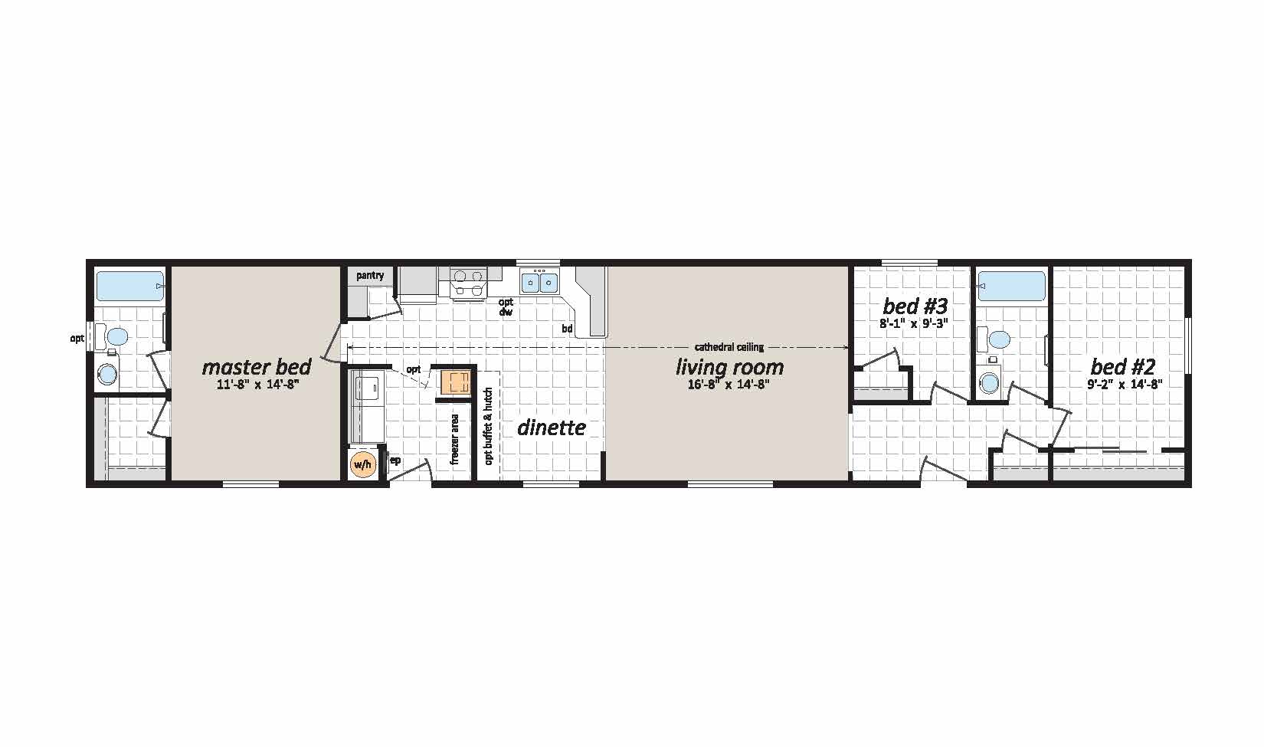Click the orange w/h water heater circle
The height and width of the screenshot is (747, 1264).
363,464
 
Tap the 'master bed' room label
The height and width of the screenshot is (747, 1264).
256,367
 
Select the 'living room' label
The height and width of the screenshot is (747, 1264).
729,367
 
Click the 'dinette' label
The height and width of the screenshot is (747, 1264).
552,428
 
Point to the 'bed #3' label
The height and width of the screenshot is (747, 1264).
915,306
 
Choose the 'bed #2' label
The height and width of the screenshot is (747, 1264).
1122,367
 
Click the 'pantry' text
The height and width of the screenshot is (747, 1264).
370,276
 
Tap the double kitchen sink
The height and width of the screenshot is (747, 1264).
539,281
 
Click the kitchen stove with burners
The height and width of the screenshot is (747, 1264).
468,283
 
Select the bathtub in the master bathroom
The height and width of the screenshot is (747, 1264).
130,286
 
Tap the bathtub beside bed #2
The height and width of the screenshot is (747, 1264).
1011,286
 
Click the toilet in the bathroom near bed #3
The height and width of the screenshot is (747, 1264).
994,339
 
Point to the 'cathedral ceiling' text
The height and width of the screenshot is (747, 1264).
729,347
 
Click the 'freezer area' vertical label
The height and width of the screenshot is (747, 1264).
454,440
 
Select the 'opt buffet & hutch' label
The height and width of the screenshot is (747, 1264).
489,426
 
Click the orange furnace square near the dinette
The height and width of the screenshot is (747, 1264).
455,382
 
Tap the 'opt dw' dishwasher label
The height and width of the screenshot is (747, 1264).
506,306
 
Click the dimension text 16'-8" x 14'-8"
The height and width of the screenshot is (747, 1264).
729,385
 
